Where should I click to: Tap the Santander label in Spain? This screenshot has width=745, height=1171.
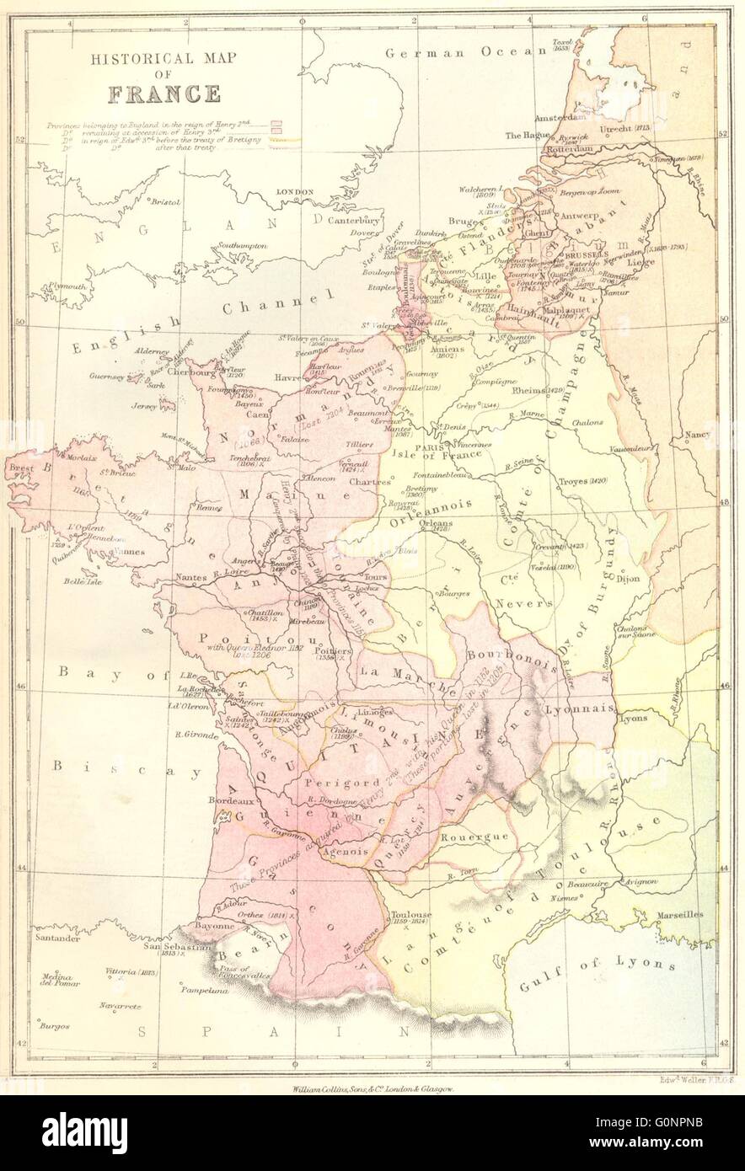click(56, 937)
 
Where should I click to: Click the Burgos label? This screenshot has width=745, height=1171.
click(53, 1026)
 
